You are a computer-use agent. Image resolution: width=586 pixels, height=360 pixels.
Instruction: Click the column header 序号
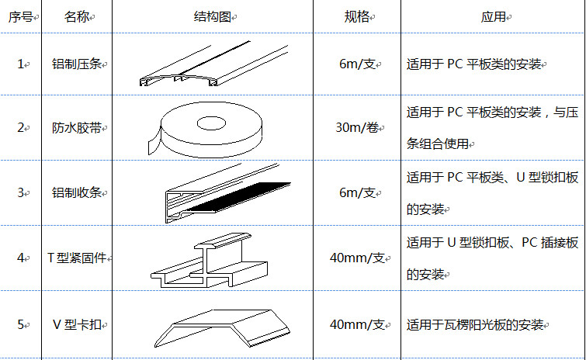tap(20, 17)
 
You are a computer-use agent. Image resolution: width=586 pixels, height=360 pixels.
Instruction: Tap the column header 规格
tap(356, 17)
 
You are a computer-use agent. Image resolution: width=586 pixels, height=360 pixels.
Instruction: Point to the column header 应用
tap(494, 17)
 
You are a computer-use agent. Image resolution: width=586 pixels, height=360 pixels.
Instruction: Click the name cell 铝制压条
tap(77, 64)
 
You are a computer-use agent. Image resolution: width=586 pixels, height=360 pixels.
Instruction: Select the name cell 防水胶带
tap(77, 128)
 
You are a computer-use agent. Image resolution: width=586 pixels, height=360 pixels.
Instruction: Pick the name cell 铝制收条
tap(77, 192)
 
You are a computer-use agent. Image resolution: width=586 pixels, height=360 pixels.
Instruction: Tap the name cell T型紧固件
tap(77, 258)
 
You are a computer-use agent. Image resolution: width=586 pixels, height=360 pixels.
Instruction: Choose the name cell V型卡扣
tap(77, 324)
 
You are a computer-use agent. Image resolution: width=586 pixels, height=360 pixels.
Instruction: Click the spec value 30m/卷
tap(357, 128)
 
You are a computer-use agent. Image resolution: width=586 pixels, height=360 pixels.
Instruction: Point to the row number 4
tap(20, 258)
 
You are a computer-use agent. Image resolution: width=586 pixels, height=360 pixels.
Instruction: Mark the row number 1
tap(20, 64)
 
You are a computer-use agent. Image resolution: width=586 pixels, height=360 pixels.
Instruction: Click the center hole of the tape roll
tap(211, 123)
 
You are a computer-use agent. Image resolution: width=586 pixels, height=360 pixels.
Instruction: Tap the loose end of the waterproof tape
tap(154, 142)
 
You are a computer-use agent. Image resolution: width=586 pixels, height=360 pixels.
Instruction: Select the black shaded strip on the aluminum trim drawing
tap(238, 197)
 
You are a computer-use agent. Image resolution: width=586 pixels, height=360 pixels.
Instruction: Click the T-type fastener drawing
tap(210, 260)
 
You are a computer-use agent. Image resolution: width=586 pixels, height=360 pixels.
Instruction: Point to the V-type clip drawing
tap(222, 328)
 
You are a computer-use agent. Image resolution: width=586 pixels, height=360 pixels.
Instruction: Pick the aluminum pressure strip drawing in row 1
tap(213, 64)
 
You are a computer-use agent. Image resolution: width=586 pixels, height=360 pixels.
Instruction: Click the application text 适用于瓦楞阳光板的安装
tap(475, 324)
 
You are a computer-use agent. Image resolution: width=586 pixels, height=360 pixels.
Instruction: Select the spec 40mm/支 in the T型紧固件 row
tap(357, 258)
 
